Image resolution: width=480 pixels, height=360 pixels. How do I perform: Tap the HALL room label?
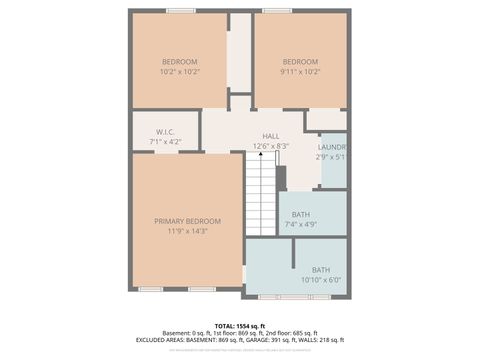271,136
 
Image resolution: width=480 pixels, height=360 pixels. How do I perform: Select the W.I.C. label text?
166,132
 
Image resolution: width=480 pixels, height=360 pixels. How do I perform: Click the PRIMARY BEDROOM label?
187,221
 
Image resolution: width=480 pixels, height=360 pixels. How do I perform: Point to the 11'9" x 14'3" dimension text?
187,231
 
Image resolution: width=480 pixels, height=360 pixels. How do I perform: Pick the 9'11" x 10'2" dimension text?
300,72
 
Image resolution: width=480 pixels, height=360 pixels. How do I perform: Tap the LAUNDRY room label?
333,147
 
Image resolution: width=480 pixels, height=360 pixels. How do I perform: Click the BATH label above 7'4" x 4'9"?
300,215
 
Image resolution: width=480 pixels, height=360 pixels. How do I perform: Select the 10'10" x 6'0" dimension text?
320,280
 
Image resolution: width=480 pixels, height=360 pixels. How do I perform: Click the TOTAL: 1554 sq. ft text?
240,326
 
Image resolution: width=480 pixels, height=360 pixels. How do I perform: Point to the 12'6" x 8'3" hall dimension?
271,146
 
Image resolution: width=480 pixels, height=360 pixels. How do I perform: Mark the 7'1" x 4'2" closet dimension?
166,142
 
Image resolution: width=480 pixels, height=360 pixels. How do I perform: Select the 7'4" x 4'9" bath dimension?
300,225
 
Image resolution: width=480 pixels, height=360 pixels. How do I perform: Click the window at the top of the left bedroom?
180,11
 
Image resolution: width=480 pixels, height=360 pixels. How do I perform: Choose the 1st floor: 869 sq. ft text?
237,333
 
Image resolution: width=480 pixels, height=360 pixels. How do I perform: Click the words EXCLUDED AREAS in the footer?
160,340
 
